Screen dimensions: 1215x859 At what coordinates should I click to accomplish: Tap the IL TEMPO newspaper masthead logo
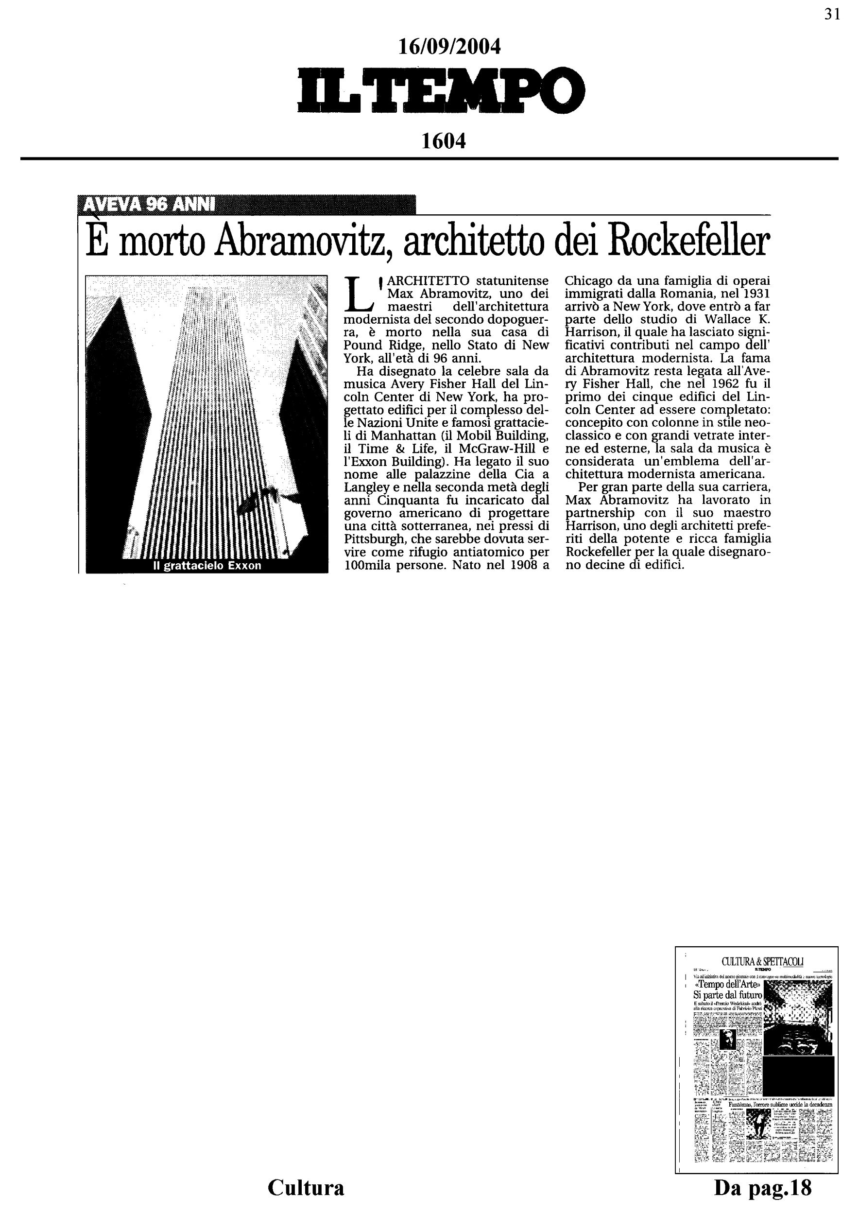pyautogui.click(x=442, y=90)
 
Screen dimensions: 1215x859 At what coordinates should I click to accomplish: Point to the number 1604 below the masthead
pyautogui.click(x=443, y=141)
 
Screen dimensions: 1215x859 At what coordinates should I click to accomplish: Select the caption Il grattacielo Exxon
pyautogui.click(x=207, y=566)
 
